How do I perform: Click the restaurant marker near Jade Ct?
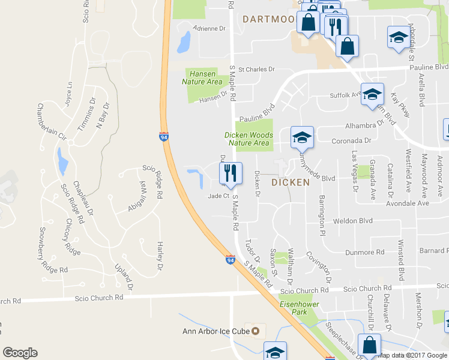[231, 173]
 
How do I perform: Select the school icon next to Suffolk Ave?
[372, 94]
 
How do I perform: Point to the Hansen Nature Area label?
[202, 77]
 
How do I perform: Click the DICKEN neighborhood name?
[290, 182]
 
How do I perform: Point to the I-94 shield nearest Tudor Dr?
[231, 260]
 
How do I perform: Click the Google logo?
[20, 353]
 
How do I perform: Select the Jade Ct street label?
[218, 196]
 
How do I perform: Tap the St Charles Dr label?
[256, 70]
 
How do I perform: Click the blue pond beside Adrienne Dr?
[184, 41]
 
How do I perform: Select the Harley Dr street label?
[160, 255]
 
